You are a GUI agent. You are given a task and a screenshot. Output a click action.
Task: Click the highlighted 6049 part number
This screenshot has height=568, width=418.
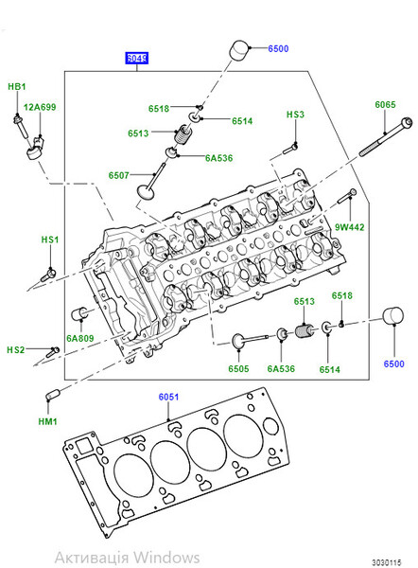(137, 58)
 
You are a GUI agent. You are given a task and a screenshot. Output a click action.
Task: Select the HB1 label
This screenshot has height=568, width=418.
(17, 87)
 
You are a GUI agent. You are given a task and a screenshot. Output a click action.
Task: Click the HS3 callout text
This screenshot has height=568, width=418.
(296, 115)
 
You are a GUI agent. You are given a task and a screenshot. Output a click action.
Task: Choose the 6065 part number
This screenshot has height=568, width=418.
(385, 104)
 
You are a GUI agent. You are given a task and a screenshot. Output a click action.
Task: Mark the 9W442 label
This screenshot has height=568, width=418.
(349, 227)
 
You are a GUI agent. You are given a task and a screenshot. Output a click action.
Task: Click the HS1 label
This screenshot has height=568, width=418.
(49, 240)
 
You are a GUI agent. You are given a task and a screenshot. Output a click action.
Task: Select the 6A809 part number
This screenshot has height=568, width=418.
(79, 337)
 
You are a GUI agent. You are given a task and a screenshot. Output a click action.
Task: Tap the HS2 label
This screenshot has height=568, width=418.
(16, 349)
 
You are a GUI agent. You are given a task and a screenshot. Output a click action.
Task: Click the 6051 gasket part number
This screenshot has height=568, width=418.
(167, 399)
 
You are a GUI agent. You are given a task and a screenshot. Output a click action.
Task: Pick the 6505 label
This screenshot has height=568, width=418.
(238, 368)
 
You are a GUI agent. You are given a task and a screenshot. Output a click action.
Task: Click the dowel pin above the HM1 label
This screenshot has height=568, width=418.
(53, 393)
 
